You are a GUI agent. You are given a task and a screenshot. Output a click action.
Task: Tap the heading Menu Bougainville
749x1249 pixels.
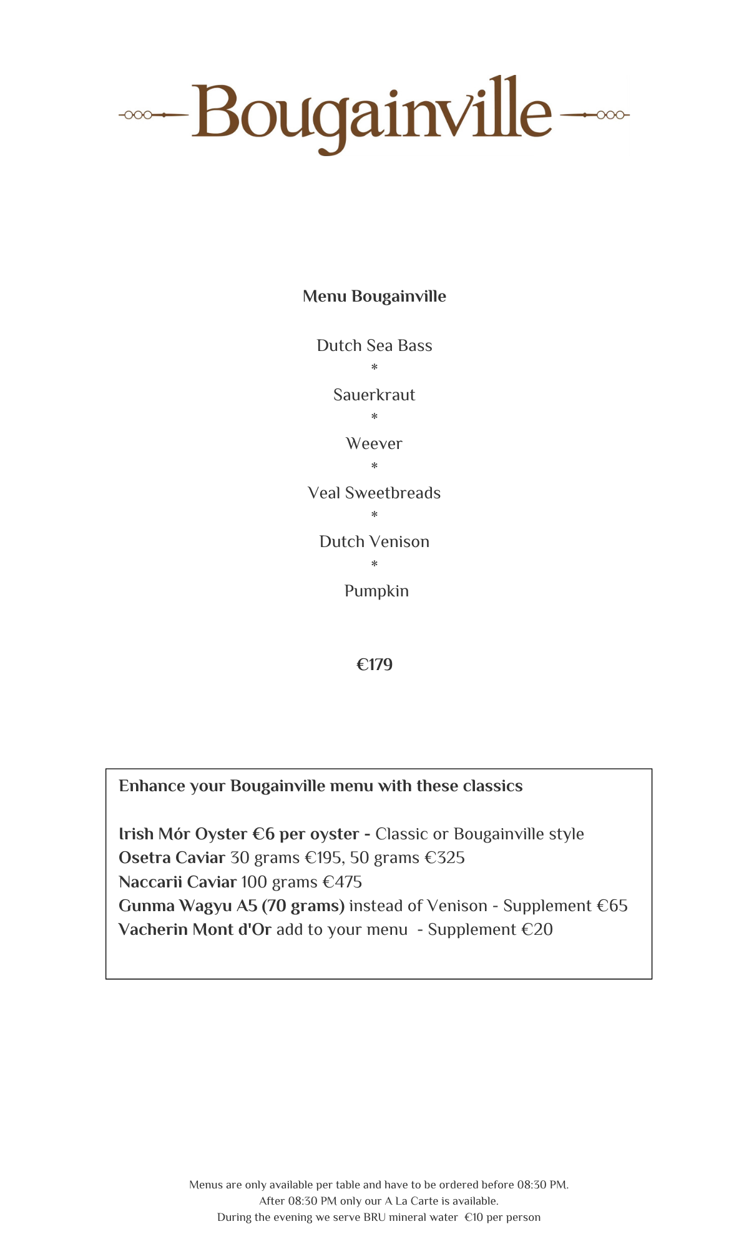(374, 296)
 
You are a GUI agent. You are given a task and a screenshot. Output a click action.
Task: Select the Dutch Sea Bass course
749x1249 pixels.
(374, 345)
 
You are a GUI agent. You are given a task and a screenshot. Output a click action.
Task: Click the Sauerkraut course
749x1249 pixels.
(374, 395)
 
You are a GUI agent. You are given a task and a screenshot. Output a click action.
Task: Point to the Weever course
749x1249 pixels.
(374, 443)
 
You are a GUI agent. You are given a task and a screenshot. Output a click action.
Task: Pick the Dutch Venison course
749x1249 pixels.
(374, 541)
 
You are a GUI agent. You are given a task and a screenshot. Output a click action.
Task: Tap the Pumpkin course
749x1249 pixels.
(376, 591)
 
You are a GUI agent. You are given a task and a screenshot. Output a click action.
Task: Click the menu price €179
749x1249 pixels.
(374, 664)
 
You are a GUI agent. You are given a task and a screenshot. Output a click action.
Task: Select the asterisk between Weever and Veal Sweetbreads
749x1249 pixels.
(374, 467)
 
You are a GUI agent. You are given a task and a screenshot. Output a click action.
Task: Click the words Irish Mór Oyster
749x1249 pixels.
(183, 834)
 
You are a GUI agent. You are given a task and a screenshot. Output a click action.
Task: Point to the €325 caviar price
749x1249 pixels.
(444, 858)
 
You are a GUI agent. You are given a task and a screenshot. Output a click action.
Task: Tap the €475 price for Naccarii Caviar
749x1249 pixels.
(342, 882)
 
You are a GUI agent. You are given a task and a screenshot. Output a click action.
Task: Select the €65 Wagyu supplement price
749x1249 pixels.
(612, 906)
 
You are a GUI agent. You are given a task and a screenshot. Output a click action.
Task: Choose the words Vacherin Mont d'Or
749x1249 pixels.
(195, 929)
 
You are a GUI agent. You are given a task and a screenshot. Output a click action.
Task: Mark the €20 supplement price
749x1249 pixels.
(537, 929)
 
